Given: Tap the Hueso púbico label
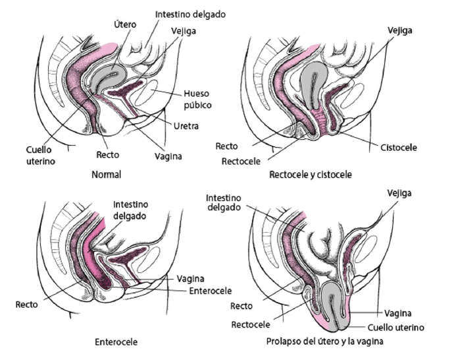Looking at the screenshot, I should [198, 99].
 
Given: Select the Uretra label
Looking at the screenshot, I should [186, 125].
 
